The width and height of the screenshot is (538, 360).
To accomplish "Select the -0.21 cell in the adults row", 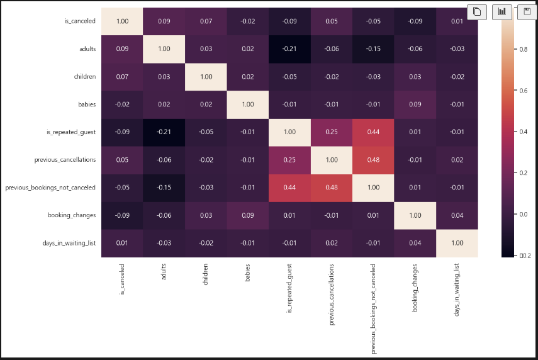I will click(x=289, y=48).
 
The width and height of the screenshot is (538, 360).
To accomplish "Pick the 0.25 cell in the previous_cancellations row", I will click(x=289, y=160).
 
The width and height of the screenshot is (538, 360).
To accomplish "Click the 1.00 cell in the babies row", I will click(x=247, y=104).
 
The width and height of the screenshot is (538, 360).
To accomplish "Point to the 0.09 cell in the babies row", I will click(x=415, y=104).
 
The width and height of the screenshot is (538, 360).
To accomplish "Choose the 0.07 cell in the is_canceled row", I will click(x=206, y=21).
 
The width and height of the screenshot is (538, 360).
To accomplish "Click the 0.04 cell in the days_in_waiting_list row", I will click(x=415, y=243).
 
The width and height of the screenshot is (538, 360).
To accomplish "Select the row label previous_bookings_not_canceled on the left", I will click(x=50, y=188).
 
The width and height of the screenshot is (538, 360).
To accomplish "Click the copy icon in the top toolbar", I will click(x=478, y=11).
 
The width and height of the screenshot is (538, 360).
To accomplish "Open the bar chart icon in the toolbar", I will click(x=502, y=11).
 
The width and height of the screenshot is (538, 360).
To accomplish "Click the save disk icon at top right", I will click(x=526, y=11).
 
